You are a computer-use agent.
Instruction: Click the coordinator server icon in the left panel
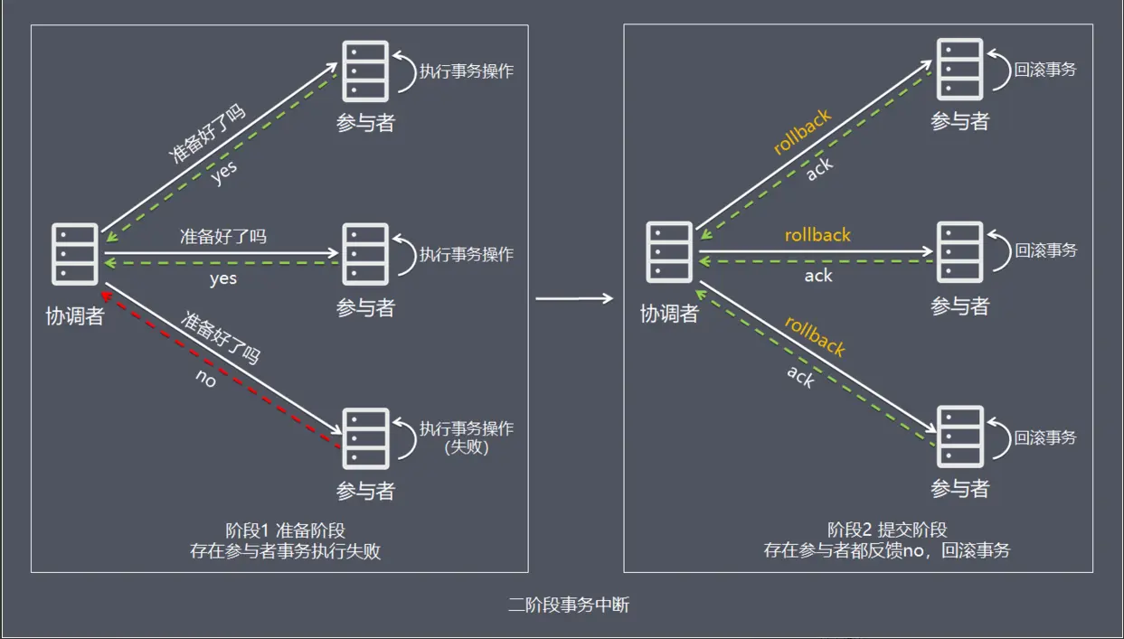(x=74, y=253)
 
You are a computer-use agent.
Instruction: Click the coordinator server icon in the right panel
(x=668, y=252)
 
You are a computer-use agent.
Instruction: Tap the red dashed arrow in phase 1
(x=222, y=370)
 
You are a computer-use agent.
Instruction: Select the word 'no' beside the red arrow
(x=206, y=380)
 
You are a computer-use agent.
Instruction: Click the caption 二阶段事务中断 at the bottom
(x=568, y=605)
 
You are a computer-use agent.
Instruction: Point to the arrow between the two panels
(x=575, y=296)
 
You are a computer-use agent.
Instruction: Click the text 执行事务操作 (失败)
(x=467, y=437)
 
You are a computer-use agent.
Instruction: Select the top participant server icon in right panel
(x=959, y=70)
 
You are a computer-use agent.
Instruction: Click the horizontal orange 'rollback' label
(x=817, y=235)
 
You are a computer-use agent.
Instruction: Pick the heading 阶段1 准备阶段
(x=285, y=531)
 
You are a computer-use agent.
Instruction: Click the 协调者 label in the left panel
(x=74, y=315)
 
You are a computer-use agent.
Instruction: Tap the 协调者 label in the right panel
(x=669, y=314)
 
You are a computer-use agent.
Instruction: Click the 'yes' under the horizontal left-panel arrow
(x=222, y=278)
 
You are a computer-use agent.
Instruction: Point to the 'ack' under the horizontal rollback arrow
(x=818, y=276)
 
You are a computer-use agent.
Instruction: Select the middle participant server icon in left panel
(x=365, y=254)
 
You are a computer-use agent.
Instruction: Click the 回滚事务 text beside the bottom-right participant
(x=1045, y=437)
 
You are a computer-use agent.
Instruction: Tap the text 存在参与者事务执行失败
(x=285, y=551)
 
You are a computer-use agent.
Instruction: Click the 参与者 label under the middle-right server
(x=960, y=306)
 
